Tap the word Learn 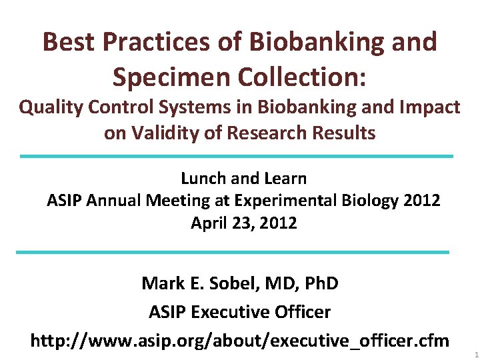[x=285, y=179]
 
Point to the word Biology [x=377, y=201]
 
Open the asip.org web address [x=240, y=341]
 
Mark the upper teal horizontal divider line [x=237, y=157]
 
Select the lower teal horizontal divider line [x=233, y=252]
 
